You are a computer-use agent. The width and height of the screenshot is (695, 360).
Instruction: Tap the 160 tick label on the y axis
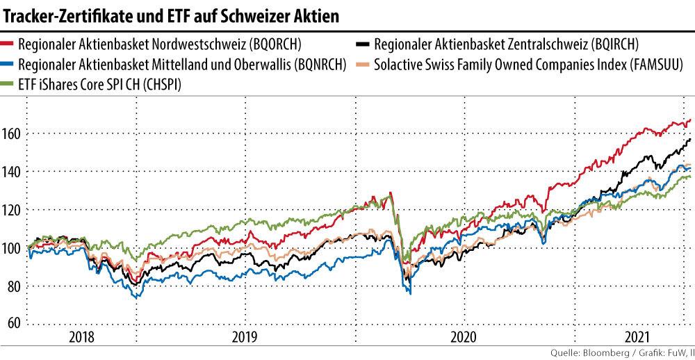click(x=14, y=133)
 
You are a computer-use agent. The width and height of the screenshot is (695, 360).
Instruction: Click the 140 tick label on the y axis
click(x=14, y=171)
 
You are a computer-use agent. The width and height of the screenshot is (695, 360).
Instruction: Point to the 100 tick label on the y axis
click(x=14, y=247)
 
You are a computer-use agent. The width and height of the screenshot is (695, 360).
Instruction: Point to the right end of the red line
click(x=690, y=120)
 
